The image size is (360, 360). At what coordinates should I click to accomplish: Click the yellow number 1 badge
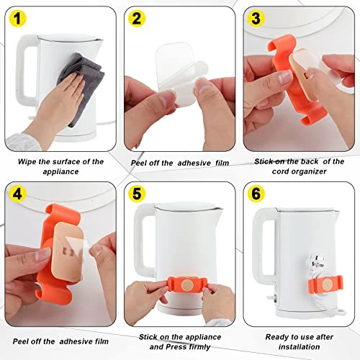tap(17, 18)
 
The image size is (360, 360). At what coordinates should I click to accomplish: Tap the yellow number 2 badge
tap(137, 18)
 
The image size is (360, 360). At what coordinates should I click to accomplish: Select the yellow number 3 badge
tap(256, 18)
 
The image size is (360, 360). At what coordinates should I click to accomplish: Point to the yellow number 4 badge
tap(17, 194)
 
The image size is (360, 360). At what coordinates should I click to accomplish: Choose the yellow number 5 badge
tap(137, 194)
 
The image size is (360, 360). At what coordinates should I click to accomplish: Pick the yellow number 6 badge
tap(256, 194)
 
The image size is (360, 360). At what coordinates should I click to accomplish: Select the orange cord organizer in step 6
tap(325, 285)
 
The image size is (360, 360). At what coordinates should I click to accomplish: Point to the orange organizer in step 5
tap(187, 284)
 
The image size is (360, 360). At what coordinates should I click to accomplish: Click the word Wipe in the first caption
tap(27, 162)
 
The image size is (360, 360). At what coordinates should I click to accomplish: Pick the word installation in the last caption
tap(299, 347)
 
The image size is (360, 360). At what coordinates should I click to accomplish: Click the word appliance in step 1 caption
tap(60, 171)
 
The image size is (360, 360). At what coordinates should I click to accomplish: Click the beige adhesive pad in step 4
tap(68, 252)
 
